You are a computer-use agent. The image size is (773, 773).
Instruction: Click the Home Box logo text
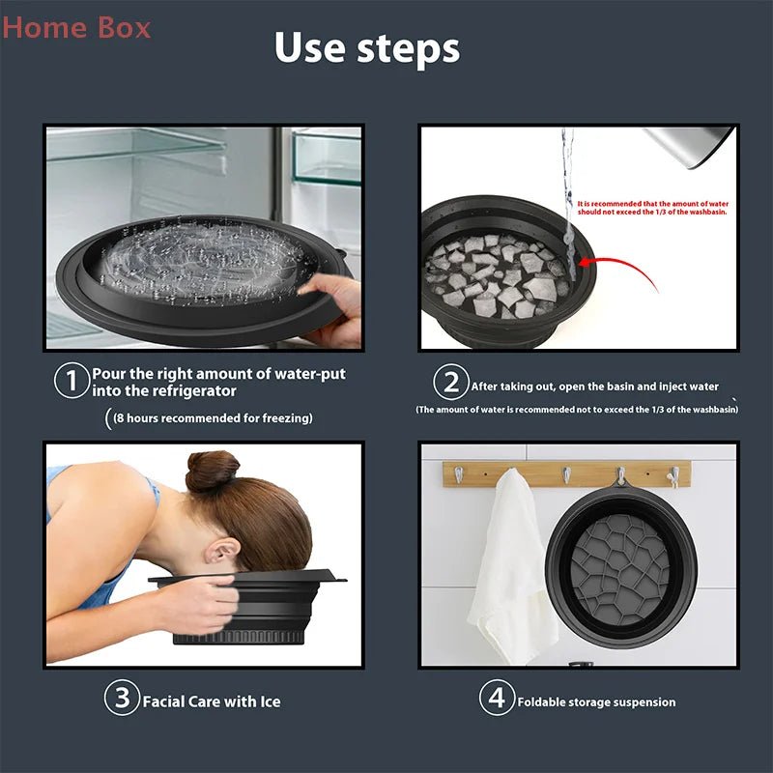[x=76, y=27]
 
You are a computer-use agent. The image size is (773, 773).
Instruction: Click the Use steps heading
[x=366, y=47]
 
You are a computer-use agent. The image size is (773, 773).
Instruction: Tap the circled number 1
[x=72, y=381]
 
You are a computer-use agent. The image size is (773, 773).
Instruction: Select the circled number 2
[x=450, y=385]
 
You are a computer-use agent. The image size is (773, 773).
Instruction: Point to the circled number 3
[x=122, y=699]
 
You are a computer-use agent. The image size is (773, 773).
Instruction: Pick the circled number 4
[x=496, y=699]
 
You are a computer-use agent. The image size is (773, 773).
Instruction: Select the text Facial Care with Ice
[x=212, y=701]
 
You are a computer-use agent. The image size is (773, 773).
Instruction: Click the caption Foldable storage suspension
[x=596, y=701]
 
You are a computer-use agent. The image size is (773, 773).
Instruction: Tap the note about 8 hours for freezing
[x=212, y=418]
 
